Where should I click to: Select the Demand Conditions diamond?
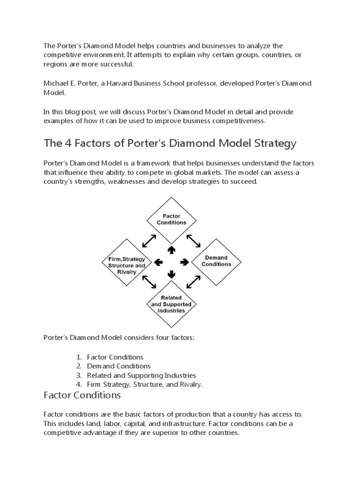(x=216, y=261)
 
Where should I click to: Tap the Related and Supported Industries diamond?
(x=171, y=304)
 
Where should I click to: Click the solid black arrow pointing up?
(x=171, y=249)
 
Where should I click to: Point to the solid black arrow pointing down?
(x=171, y=274)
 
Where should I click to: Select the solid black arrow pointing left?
(x=158, y=262)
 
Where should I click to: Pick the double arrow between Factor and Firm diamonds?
(x=149, y=241)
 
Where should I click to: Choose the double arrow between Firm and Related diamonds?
(x=149, y=282)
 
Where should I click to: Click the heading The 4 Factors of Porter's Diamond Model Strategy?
(x=170, y=143)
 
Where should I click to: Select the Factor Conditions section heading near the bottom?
(x=82, y=395)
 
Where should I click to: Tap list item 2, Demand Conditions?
(x=119, y=366)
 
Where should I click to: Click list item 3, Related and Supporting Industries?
(x=141, y=375)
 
